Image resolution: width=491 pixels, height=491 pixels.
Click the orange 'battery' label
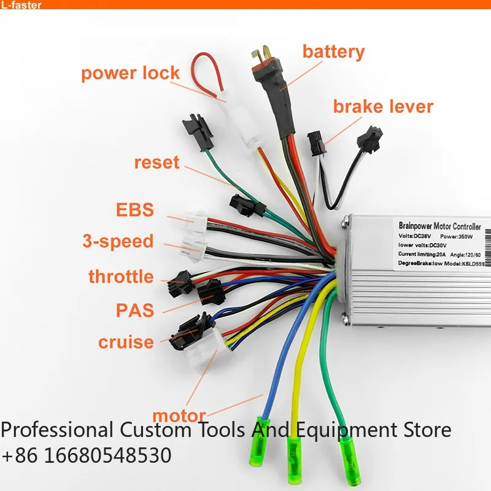pos(333,52)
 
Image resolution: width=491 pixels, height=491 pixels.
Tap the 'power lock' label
pos(130,73)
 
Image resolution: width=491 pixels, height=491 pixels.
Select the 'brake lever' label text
pos(383,106)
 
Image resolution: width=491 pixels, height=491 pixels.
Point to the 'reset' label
pos(157,163)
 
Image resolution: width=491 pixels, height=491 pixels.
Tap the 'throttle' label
pos(121,276)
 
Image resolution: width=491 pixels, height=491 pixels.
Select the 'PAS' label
pos(135,309)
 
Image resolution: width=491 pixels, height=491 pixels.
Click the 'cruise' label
pos(125,341)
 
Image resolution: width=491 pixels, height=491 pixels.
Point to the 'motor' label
pos(179,416)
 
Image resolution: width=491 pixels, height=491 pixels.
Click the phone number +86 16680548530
pos(86,456)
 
